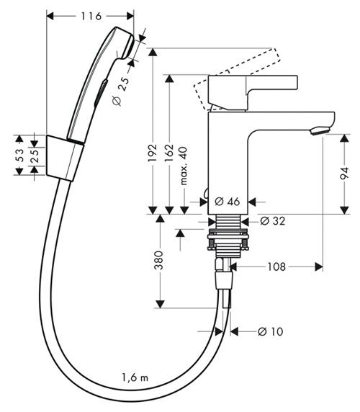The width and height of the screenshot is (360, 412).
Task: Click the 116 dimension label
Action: click(91, 17)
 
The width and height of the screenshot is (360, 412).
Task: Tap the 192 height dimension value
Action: click(153, 153)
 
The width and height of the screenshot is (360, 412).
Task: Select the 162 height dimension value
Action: click(170, 153)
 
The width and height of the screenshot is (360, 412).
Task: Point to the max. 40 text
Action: click(184, 166)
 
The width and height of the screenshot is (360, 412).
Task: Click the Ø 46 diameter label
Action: click(227, 202)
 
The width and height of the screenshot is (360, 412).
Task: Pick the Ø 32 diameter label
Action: click(273, 221)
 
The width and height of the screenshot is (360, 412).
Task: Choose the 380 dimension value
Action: click(158, 260)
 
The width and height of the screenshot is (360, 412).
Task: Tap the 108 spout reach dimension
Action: click(276, 267)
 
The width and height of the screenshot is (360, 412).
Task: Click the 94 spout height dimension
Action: click(344, 173)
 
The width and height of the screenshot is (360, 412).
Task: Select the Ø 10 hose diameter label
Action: click(271, 331)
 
